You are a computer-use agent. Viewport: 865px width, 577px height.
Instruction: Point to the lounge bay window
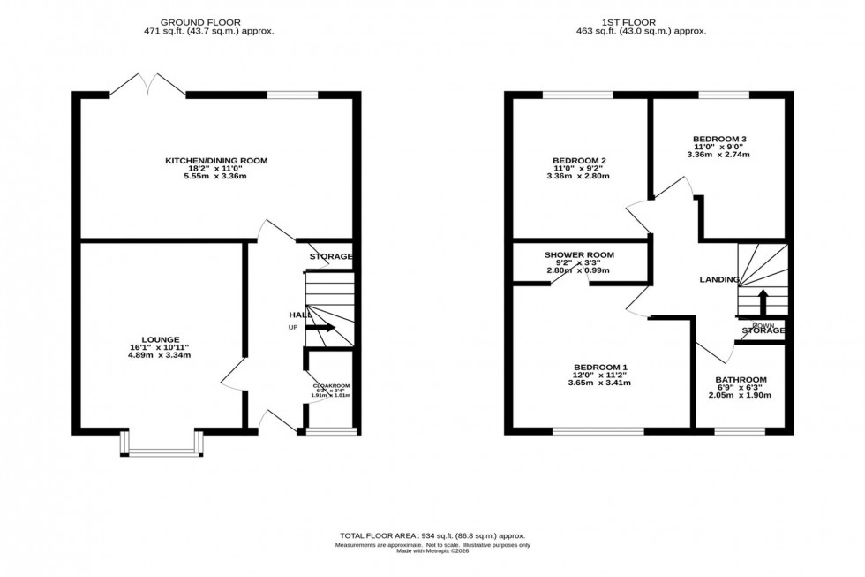pyautogui.click(x=162, y=451)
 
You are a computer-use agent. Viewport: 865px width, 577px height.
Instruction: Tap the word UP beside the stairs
pyautogui.click(x=293, y=328)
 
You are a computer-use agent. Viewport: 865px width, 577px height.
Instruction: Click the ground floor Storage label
pyautogui.click(x=331, y=257)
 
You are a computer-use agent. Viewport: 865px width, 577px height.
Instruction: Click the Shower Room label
pyautogui.click(x=579, y=255)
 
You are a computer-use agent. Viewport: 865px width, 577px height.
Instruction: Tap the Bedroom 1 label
pyautogui.click(x=600, y=366)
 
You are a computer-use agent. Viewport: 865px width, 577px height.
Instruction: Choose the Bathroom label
pyautogui.click(x=741, y=380)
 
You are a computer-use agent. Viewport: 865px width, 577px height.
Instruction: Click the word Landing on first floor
pyautogui.click(x=719, y=280)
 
